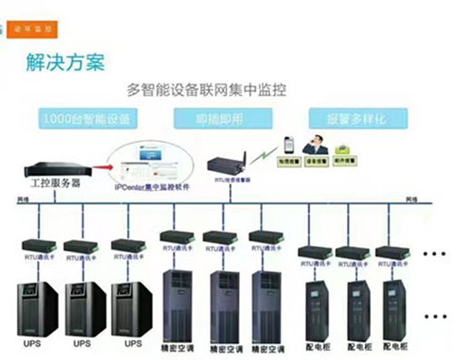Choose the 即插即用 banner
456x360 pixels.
point(219,118)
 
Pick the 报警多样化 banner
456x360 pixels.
point(350,118)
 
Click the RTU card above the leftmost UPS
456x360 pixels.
point(35,245)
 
